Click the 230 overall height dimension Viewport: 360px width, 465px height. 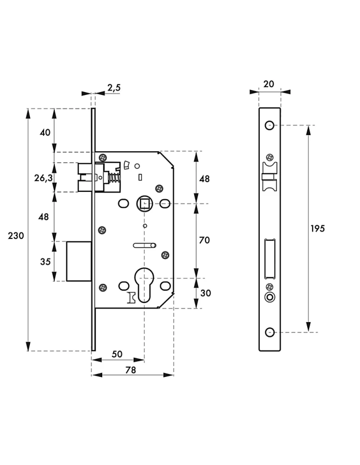[16, 236]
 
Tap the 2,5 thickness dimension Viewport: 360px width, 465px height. [114, 88]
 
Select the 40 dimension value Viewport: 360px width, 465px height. [45, 133]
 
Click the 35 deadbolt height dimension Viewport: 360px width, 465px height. [45, 262]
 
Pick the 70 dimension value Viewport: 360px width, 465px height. [205, 240]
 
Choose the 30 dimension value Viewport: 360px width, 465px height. [205, 293]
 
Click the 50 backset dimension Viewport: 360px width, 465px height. [117, 354]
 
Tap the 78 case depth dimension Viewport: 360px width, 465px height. [131, 370]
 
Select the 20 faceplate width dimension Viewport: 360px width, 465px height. [269, 84]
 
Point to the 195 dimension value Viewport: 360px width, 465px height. [317, 229]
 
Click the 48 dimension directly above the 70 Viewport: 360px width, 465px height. [205, 178]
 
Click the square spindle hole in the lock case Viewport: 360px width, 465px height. [144, 203]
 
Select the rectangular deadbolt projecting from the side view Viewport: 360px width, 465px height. [79, 261]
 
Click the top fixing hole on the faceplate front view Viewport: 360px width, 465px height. [270, 125]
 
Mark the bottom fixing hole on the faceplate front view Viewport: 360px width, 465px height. [270, 332]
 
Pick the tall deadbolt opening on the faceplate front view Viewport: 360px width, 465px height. [270, 258]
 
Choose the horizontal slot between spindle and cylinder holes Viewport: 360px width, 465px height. [144, 245]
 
